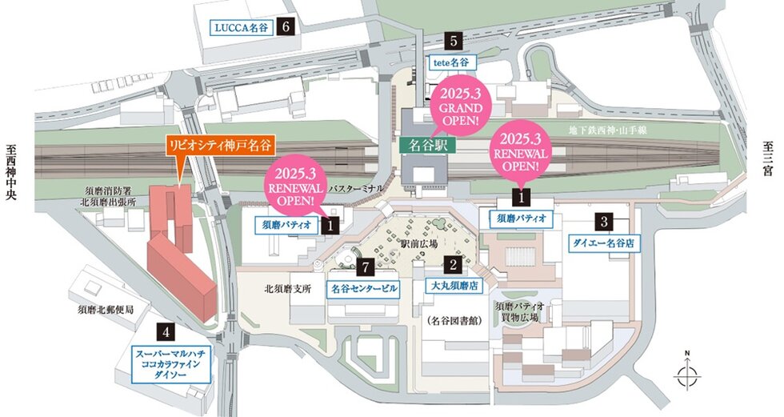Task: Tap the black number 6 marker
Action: pos(286,26)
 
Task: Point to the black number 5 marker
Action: pos(454,40)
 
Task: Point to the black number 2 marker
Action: pos(453,263)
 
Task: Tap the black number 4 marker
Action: pos(166,330)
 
